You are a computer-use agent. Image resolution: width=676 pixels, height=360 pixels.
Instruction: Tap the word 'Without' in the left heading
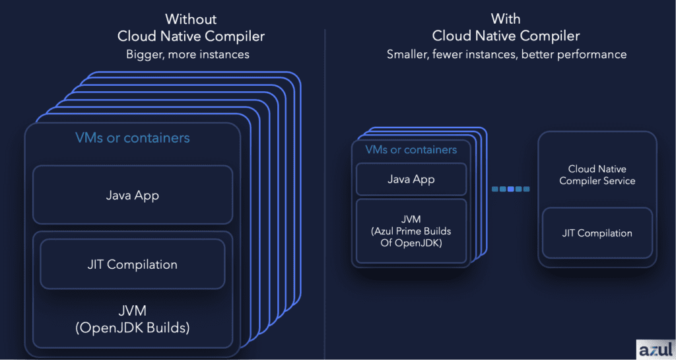pos(191,19)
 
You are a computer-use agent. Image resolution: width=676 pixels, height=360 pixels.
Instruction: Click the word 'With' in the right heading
pos(505,18)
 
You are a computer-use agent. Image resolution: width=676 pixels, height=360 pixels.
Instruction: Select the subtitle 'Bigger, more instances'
pos(187,54)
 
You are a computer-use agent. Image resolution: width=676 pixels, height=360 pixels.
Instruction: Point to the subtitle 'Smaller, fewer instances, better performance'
pos(506,54)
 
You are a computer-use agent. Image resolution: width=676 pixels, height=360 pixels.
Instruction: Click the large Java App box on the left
pos(133,195)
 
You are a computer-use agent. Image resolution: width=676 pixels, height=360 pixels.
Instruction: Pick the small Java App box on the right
pos(411,179)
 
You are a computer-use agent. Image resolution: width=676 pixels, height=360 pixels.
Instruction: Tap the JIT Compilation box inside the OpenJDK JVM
pos(132,264)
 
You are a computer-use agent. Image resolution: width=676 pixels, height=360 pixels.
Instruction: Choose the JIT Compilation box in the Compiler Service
pos(597,233)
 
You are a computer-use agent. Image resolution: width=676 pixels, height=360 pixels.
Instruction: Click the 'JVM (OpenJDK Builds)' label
pos(132,319)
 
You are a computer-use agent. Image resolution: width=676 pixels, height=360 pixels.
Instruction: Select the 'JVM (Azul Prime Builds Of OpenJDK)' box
pos(411,231)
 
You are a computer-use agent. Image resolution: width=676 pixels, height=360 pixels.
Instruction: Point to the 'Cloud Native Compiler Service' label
pos(597,174)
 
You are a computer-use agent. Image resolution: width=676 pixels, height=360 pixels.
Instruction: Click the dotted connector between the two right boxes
pos(510,189)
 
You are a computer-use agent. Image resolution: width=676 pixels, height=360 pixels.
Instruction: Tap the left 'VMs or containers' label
pos(132,137)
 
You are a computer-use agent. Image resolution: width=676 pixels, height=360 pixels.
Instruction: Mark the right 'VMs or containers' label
pos(411,149)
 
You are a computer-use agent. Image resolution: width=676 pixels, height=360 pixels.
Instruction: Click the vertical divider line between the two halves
pos(325,194)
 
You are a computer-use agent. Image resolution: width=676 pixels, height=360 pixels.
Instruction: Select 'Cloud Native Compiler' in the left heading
pos(191,36)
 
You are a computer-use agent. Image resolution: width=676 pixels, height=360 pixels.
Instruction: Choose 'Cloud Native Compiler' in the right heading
pos(506,36)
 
